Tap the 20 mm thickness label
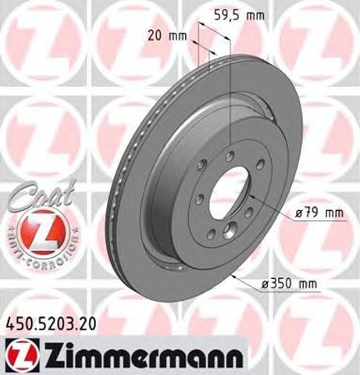(x=166, y=35)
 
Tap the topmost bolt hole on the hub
(x=228, y=156)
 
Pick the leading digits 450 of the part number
(x=18, y=320)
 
